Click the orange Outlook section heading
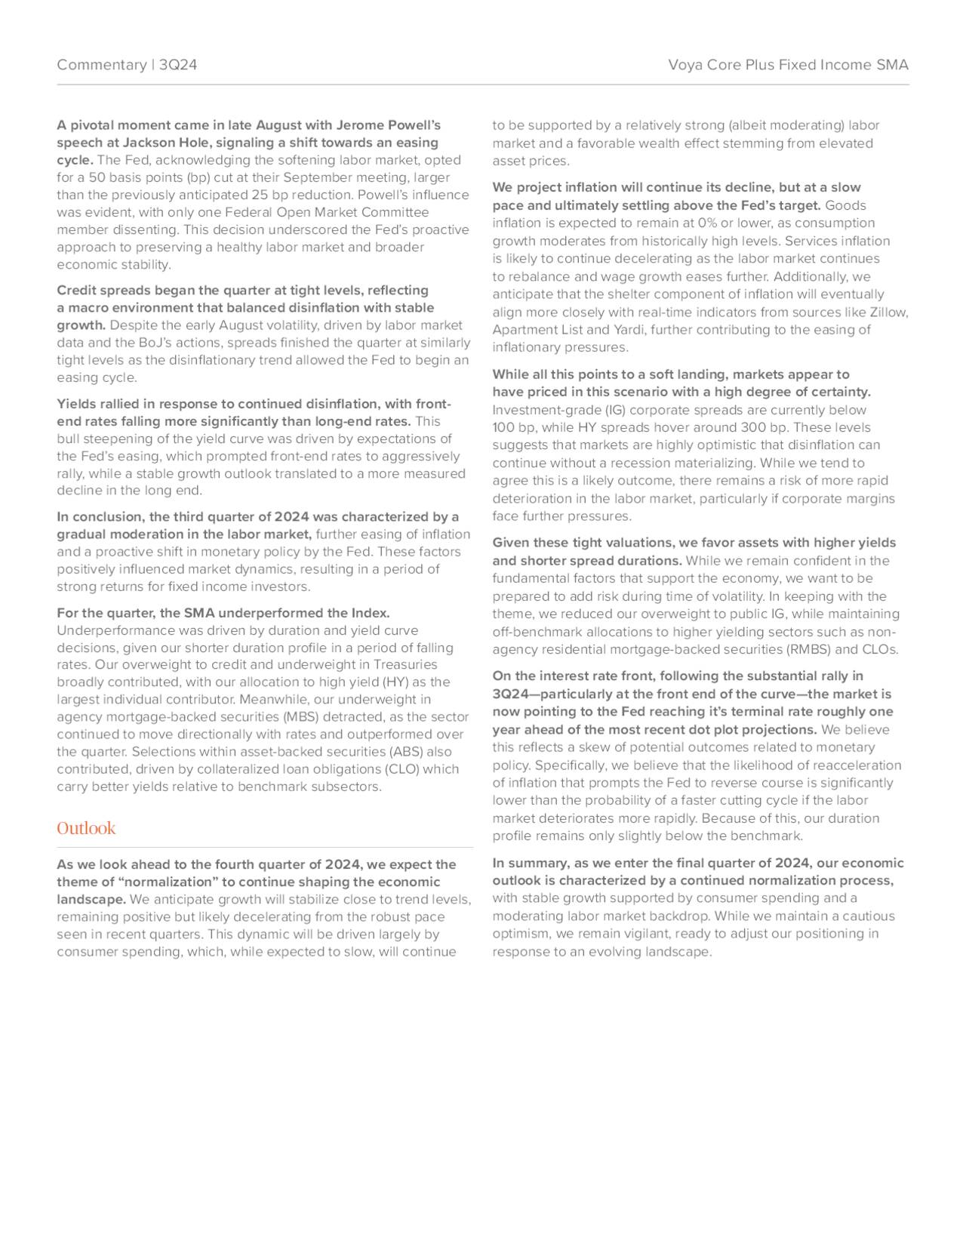(86, 828)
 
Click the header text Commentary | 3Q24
(127, 65)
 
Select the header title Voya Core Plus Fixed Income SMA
(788, 65)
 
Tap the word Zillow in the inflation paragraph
(888, 312)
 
